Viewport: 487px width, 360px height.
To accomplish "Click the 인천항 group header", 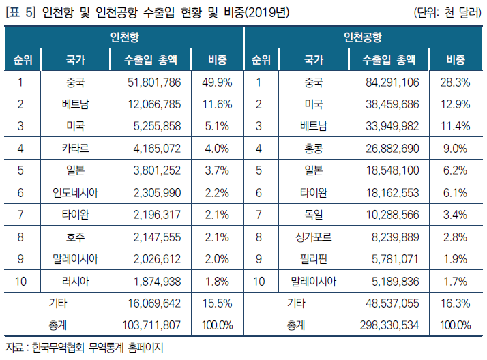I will click(124, 37).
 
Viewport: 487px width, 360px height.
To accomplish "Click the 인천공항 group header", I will click(363, 37).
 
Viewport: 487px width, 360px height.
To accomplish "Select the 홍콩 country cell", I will click(314, 148).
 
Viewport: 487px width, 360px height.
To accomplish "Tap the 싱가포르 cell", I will click(314, 237).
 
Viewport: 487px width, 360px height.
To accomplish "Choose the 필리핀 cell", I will click(314, 258).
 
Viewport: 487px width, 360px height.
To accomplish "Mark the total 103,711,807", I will click(150, 325).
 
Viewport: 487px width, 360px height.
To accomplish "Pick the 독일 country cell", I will click(314, 214).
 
